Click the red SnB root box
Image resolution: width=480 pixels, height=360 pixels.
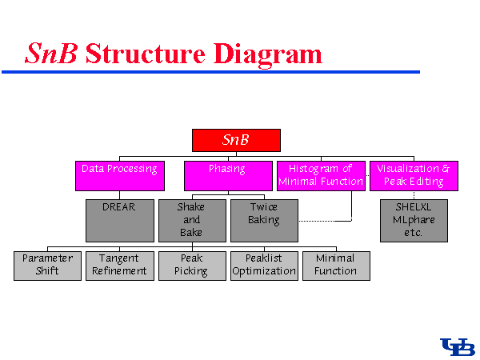pos(236,140)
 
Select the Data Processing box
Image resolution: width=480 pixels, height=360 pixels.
pos(119,176)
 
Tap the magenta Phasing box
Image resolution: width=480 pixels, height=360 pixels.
pos(227,176)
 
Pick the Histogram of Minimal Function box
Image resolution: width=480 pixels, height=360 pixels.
pos(320,176)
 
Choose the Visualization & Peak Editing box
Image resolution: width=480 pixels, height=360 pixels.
pos(413,176)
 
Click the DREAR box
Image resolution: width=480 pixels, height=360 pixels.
pos(119,220)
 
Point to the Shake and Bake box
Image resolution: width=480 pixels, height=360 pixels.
pos(192,220)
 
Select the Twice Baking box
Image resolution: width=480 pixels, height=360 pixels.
pos(264,220)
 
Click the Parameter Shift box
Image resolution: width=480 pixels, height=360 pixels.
pos(47,265)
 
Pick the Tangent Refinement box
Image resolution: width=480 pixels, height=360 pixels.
pos(119,265)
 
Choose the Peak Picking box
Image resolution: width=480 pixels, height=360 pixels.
pos(191,265)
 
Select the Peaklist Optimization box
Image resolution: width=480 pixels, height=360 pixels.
pos(264,265)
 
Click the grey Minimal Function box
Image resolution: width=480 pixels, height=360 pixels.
pos(336,265)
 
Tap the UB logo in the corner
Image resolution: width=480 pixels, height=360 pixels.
pos(458,346)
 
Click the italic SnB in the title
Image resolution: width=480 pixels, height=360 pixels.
pos(51,54)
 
